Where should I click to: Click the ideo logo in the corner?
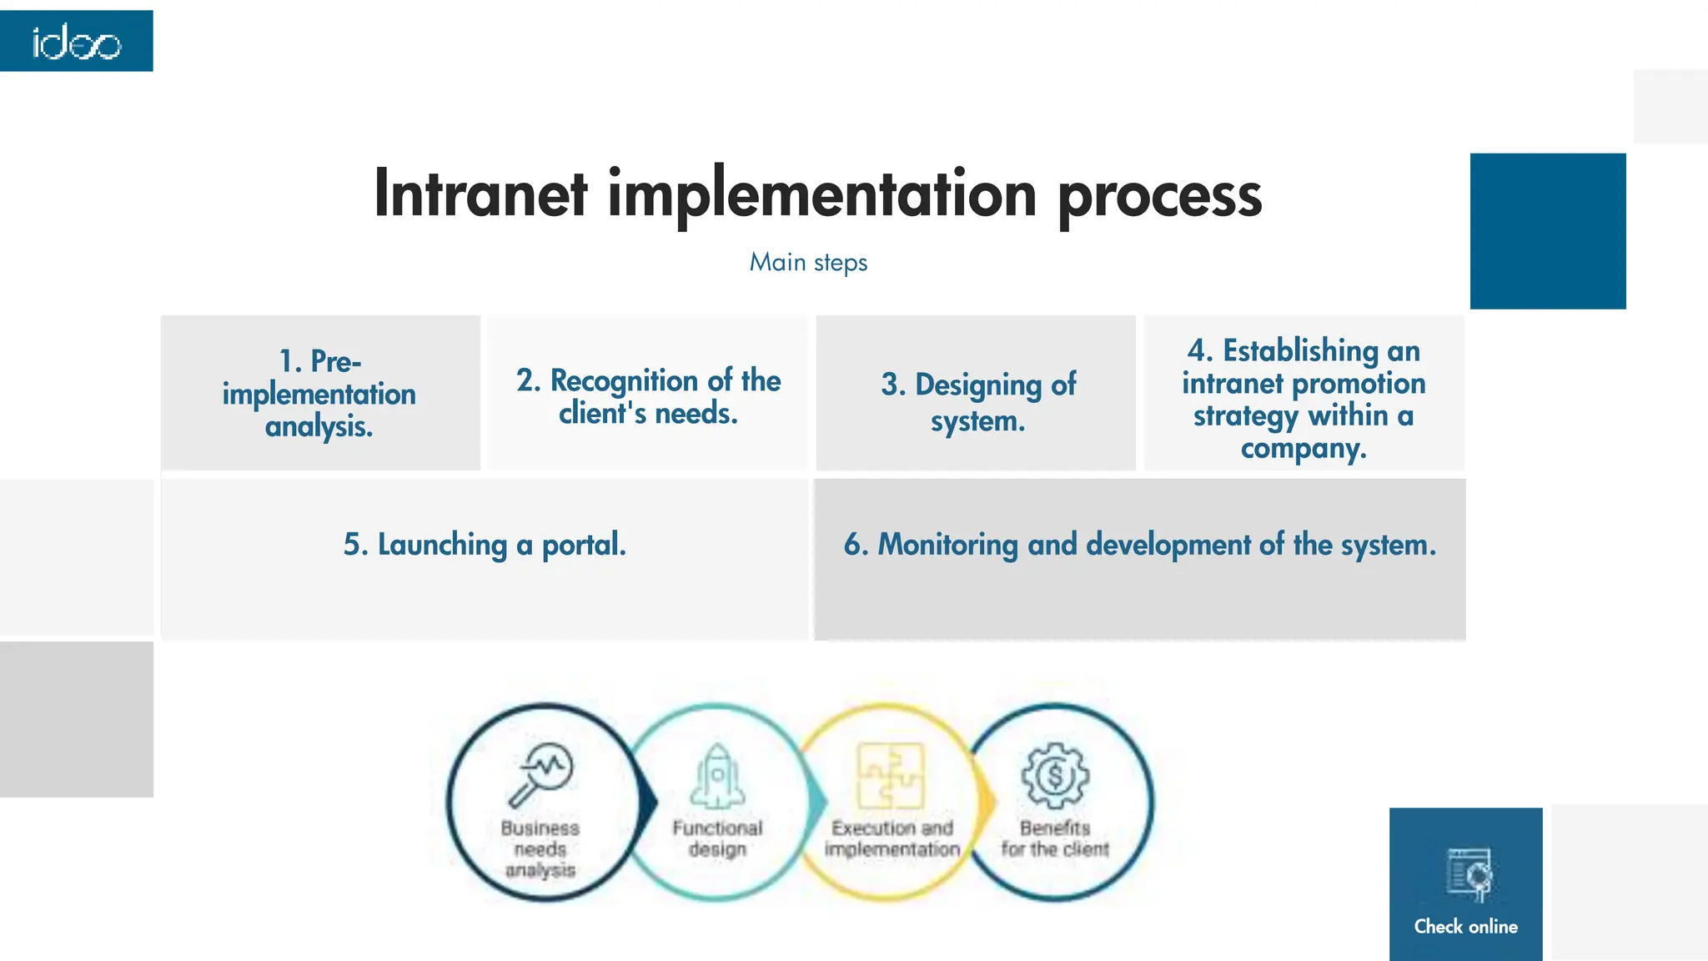(x=76, y=41)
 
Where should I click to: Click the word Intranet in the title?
(x=480, y=194)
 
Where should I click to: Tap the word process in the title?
(x=1159, y=195)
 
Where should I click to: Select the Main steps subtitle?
(x=808, y=263)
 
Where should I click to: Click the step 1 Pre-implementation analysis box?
(x=320, y=393)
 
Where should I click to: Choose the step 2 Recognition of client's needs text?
(x=648, y=396)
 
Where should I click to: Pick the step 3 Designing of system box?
(x=977, y=401)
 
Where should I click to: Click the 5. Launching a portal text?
(x=485, y=545)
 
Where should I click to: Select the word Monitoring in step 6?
(x=947, y=545)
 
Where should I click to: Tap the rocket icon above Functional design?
(x=716, y=777)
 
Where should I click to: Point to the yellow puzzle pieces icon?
(x=891, y=776)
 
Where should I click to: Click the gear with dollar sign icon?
(x=1055, y=776)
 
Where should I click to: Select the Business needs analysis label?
(x=540, y=848)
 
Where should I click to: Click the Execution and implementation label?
(x=892, y=838)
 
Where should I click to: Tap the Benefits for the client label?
(x=1055, y=838)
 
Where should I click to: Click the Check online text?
(x=1465, y=926)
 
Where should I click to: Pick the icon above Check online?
(x=1469, y=874)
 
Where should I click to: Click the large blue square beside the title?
(x=1548, y=231)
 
